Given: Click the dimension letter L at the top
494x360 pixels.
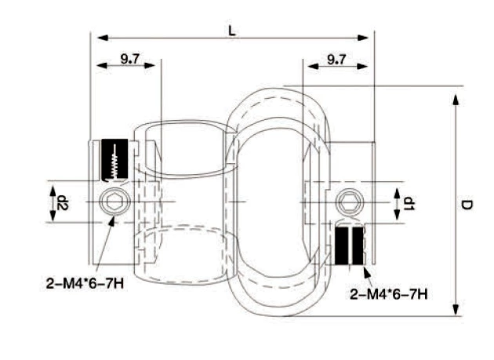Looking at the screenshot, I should coord(231,30).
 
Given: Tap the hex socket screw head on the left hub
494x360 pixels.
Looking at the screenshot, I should coord(113,202).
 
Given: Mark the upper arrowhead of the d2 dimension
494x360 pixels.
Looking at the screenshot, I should coord(53,190).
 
